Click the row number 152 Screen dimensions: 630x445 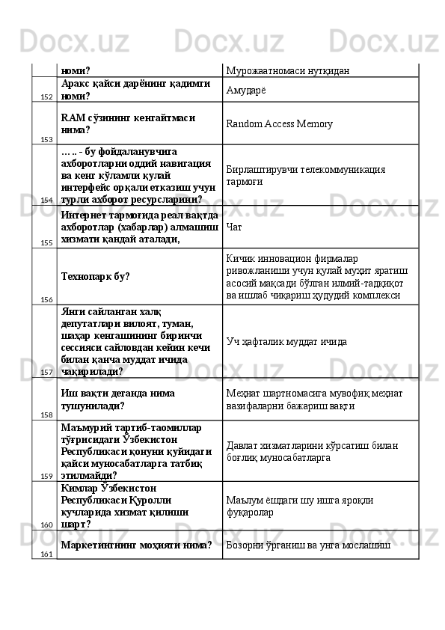[x=46, y=97]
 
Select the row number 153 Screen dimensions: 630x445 [x=46, y=139]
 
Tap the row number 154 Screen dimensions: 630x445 [x=46, y=201]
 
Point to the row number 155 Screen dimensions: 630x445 [x=46, y=243]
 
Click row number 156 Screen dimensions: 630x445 [x=46, y=299]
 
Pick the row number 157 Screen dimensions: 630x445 [x=46, y=372]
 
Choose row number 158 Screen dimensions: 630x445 [x=46, y=415]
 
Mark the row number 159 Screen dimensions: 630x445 [x=46, y=476]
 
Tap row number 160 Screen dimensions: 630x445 [x=46, y=525]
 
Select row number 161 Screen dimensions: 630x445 [x=46, y=554]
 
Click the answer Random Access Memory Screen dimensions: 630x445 [x=279, y=124]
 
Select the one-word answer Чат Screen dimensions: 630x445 [x=233, y=226]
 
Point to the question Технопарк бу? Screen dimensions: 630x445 [x=96, y=277]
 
